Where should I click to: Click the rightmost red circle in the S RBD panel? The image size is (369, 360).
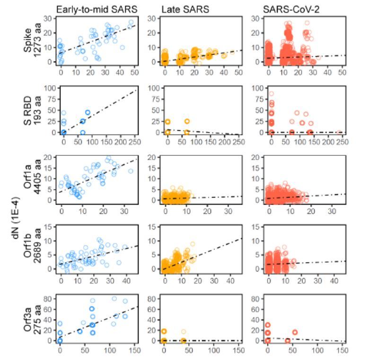pyautogui.click(x=339, y=133)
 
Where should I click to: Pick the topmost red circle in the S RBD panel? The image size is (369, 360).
pyautogui.click(x=271, y=94)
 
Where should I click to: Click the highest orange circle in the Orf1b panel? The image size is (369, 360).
pyautogui.click(x=193, y=244)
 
